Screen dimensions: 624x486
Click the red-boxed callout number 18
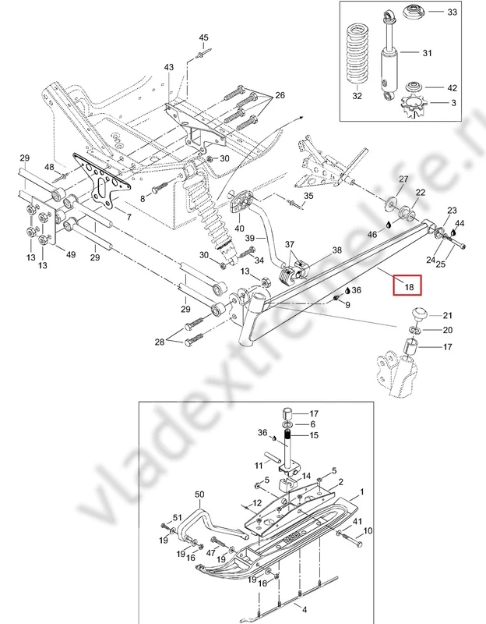point(407,287)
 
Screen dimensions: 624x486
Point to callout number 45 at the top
point(204,38)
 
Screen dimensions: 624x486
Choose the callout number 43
point(169,68)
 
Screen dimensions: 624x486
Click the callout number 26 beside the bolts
point(280,96)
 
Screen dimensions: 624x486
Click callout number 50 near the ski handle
point(199,495)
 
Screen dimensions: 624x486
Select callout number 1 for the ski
point(361,495)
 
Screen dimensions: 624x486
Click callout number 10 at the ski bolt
point(368,531)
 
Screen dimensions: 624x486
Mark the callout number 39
point(250,237)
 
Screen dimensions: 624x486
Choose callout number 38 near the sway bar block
point(336,250)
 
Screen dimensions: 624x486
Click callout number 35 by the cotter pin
point(308,196)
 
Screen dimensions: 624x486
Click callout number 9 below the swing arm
point(347,303)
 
